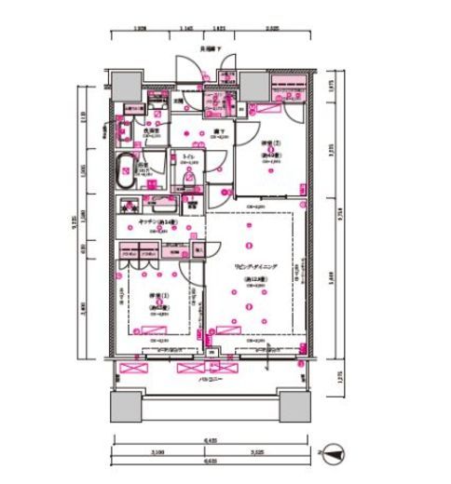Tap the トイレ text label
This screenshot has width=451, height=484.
tap(187, 156)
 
